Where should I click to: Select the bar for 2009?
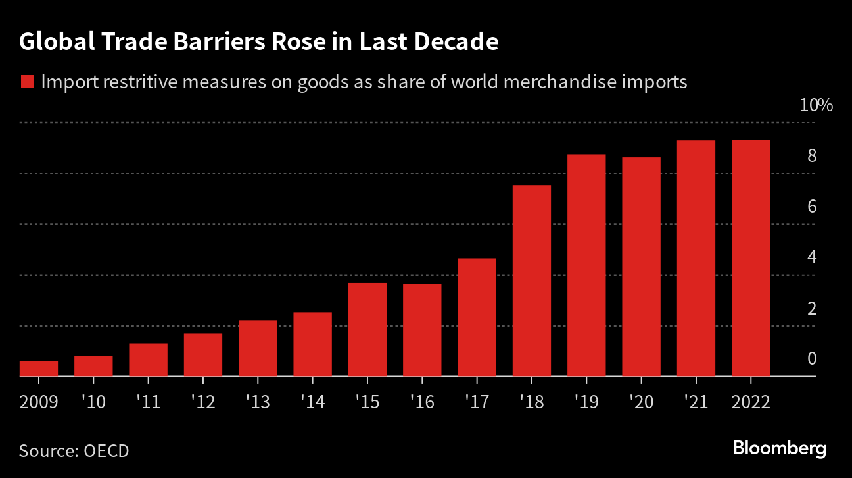(x=39, y=369)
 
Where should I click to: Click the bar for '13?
(x=258, y=348)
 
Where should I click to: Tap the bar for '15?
(x=367, y=330)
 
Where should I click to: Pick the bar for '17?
(x=477, y=317)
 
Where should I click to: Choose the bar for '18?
(x=532, y=281)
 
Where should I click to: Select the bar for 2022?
(x=751, y=258)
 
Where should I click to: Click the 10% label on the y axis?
(x=816, y=105)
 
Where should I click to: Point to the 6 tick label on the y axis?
(x=812, y=207)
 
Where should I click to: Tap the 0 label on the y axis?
(x=812, y=359)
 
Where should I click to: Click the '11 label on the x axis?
(x=149, y=402)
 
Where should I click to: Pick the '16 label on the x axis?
(x=422, y=402)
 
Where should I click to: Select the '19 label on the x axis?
(x=586, y=402)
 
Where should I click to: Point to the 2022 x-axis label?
(x=751, y=402)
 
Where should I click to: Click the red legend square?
(x=27, y=82)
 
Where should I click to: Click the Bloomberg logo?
(x=780, y=449)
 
